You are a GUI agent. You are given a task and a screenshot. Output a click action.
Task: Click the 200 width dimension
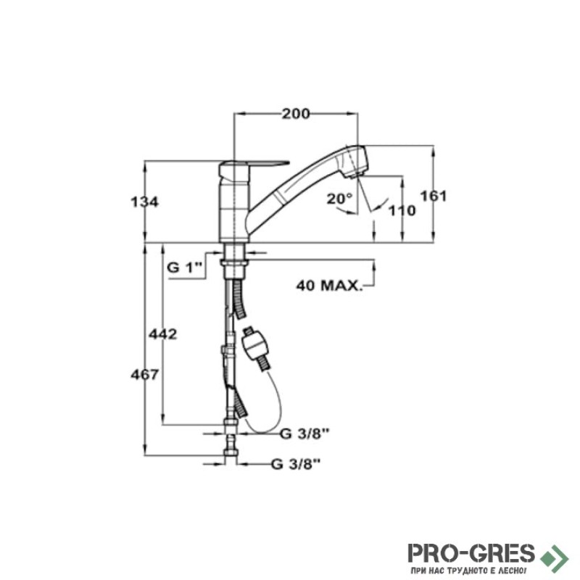pyautogui.click(x=296, y=114)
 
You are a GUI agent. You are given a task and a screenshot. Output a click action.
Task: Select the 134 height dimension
pyautogui.click(x=144, y=202)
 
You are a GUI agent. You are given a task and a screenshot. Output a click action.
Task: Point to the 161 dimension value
pyautogui.click(x=434, y=196)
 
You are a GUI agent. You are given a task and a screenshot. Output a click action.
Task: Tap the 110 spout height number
pyautogui.click(x=402, y=210)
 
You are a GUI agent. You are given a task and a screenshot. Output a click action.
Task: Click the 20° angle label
pyautogui.click(x=339, y=199)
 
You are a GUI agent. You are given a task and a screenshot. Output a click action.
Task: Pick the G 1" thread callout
pyautogui.click(x=185, y=267)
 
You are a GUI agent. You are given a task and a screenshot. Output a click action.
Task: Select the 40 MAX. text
pyautogui.click(x=329, y=285)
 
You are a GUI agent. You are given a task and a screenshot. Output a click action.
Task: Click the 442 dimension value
pyautogui.click(x=162, y=334)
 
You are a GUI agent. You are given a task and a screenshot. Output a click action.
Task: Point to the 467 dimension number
pyautogui.click(x=144, y=375)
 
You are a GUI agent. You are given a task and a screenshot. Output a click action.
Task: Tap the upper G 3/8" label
pyautogui.click(x=304, y=434)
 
